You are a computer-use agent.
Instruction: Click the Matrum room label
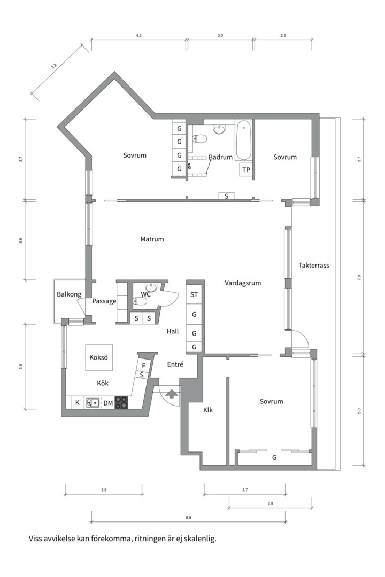coord(152,239)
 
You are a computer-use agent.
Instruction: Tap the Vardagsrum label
coord(243,283)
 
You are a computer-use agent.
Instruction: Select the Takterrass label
coord(314,266)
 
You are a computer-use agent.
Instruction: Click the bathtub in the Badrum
coord(243,140)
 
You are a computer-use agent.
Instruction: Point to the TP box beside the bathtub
coord(246,170)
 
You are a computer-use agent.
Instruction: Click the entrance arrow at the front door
coord(171,394)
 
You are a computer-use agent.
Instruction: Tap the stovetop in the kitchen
coord(121,402)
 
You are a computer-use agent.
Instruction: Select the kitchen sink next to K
coord(93,403)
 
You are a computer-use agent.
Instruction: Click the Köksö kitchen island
coord(99,357)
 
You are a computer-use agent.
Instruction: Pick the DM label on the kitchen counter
coord(108,403)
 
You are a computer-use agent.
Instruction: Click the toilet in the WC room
coord(140,302)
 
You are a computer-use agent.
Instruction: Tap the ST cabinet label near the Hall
coord(194,295)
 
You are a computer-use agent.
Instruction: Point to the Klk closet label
coord(208,410)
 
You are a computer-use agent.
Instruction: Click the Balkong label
coord(69,294)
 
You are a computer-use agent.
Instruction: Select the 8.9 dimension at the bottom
coord(189,517)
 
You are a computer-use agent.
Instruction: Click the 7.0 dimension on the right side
coord(359,278)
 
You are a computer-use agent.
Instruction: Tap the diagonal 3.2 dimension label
coord(54,66)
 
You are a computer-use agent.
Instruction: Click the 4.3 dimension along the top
coord(138,36)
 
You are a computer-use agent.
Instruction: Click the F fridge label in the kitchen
coord(144,366)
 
